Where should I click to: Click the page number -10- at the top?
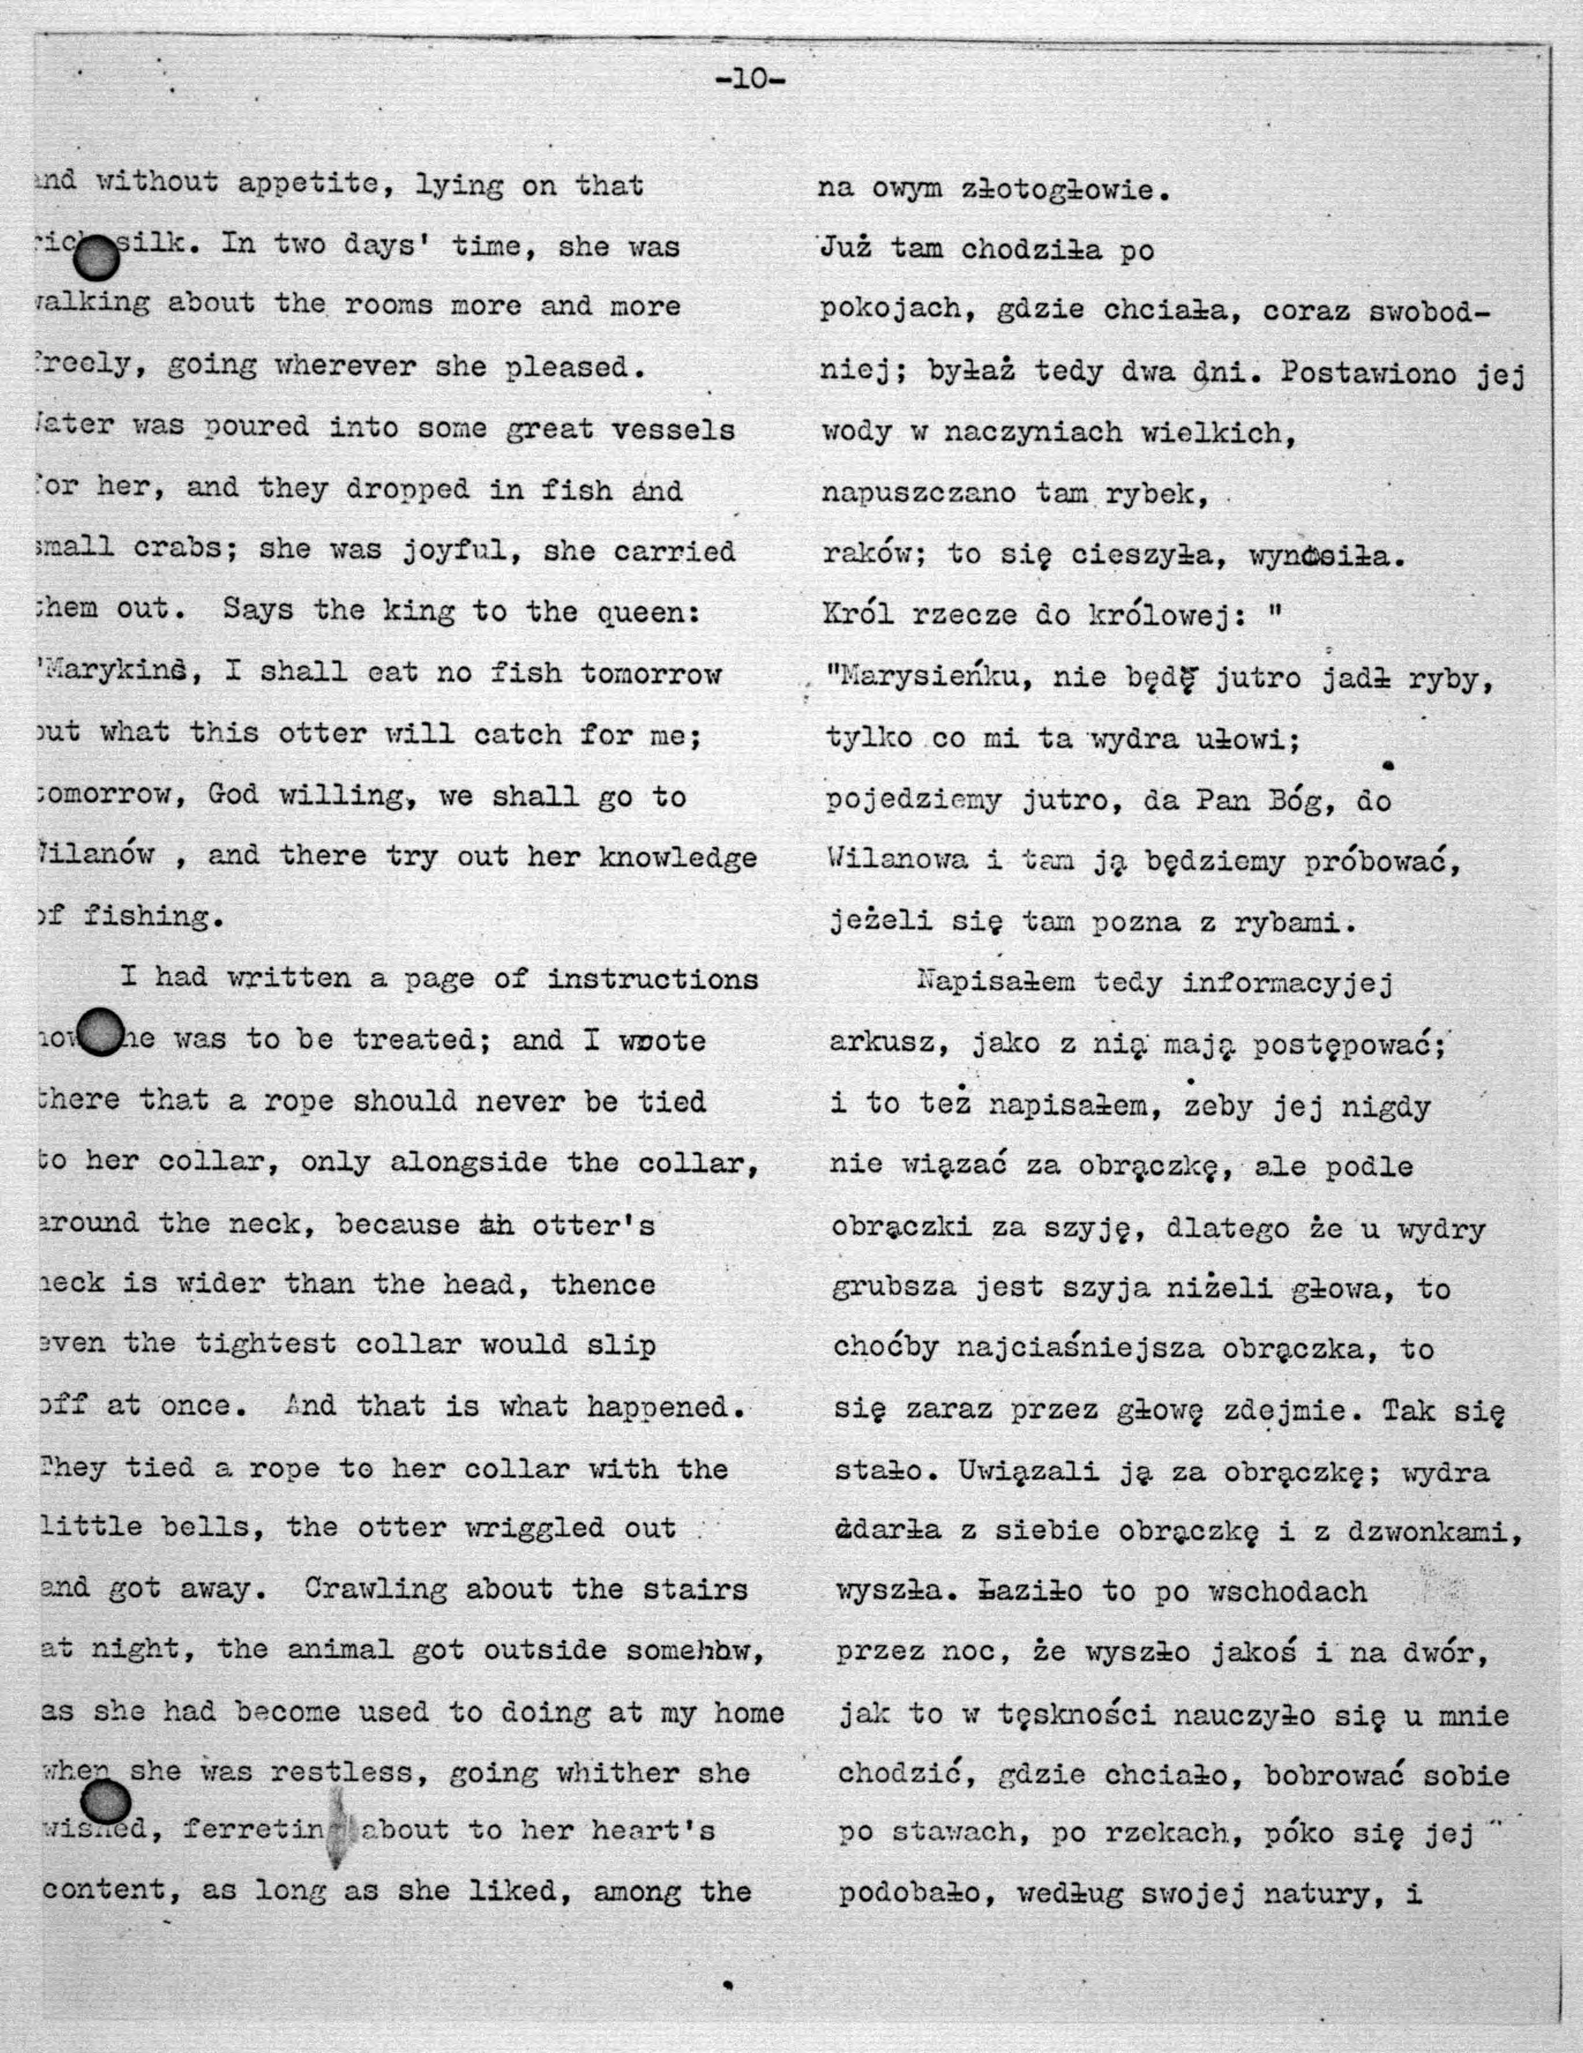pyautogui.click(x=750, y=80)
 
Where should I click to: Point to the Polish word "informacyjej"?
pyautogui.click(x=1286, y=984)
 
